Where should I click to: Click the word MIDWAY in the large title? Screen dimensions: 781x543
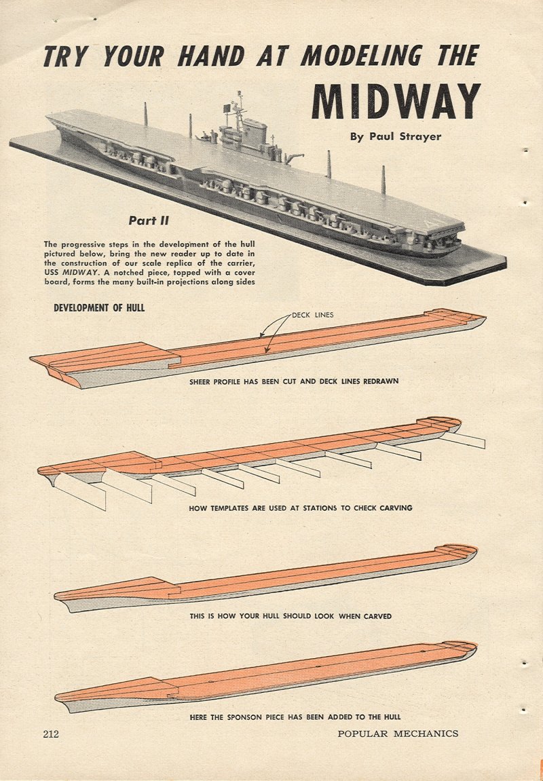[396, 101]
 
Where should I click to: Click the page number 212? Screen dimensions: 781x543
[52, 734]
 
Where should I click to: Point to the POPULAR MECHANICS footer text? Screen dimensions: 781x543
[398, 734]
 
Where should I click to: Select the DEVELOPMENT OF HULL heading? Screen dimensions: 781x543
[99, 308]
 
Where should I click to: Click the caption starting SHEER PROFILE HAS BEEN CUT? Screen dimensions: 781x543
[293, 381]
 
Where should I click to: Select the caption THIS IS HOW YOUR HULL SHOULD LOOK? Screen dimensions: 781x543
[291, 617]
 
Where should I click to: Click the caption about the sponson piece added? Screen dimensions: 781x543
[295, 717]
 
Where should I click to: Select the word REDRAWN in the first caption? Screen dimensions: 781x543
[380, 381]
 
